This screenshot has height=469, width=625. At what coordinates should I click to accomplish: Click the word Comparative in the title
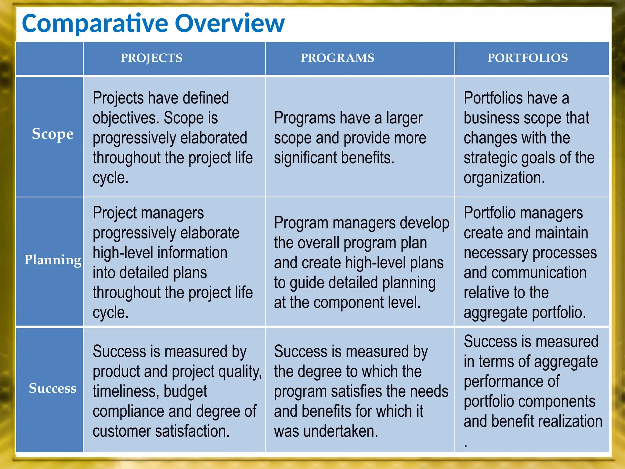click(x=95, y=24)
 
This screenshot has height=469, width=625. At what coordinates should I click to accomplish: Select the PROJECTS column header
click(x=151, y=58)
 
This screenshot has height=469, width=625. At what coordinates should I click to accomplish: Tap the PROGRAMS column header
click(x=337, y=58)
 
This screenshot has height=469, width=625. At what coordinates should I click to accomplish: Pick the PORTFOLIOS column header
click(x=527, y=58)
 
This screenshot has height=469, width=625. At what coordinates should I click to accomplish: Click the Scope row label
click(x=52, y=134)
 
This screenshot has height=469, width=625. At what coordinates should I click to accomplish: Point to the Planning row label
click(x=52, y=260)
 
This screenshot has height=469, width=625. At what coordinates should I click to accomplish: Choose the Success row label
click(x=52, y=388)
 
